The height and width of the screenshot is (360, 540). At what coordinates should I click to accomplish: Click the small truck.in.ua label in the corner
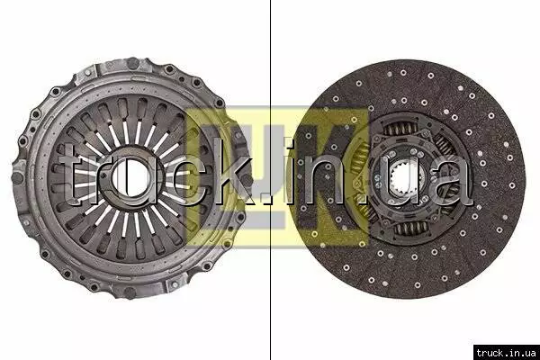click(x=506, y=353)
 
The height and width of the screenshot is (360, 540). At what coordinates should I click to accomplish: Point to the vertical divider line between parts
click(x=270, y=180)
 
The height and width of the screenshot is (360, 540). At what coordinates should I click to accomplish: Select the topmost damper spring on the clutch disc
click(x=400, y=130)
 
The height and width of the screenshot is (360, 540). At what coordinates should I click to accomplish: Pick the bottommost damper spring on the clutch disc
click(x=412, y=228)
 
